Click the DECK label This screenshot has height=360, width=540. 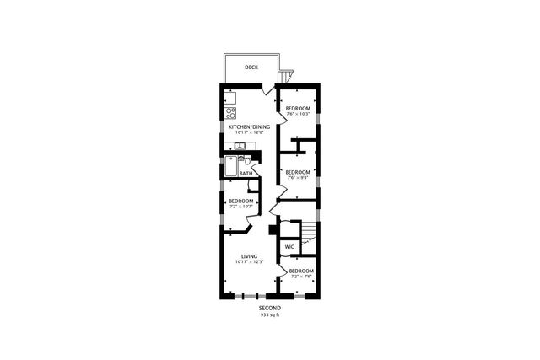pos(251,67)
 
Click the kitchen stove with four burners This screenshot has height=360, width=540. pos(230,112)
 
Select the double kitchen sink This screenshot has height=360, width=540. pos(240,147)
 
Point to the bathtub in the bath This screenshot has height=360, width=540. pos(229,168)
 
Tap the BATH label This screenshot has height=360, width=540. pos(245,175)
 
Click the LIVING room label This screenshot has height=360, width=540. pos(248,256)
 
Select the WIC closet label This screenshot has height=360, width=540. pos(289,246)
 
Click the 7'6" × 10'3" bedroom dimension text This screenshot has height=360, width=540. pos(297,116)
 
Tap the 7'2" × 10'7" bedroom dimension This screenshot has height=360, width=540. pos(240,207)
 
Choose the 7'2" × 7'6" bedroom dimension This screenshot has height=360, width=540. pos(302,277)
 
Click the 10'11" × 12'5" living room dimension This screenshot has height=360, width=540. pos(248,262)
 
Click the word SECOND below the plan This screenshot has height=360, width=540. pos(270,309)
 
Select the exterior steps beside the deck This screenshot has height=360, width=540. pos(289,76)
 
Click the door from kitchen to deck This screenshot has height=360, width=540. pos(267,88)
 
